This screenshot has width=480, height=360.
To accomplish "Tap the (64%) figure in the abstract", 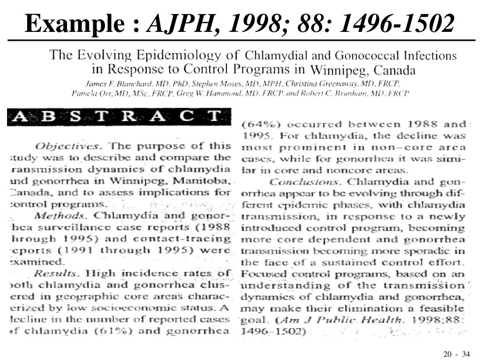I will point(260,125).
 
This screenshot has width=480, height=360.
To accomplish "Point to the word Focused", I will point(259,274).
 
